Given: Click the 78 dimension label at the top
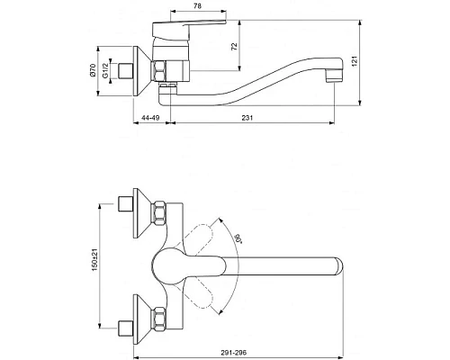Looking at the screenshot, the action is (x=197, y=5).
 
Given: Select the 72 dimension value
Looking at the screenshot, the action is (x=234, y=47).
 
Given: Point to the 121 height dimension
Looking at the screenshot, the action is (x=355, y=61).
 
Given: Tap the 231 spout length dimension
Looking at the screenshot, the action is (x=247, y=118).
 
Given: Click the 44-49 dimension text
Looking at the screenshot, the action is (x=150, y=118).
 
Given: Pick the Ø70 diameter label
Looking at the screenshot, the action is (x=93, y=70).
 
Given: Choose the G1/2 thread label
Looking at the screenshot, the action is (x=105, y=71).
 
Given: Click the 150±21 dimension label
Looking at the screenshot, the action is (x=94, y=260).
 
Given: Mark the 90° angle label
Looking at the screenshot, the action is (x=238, y=239).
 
